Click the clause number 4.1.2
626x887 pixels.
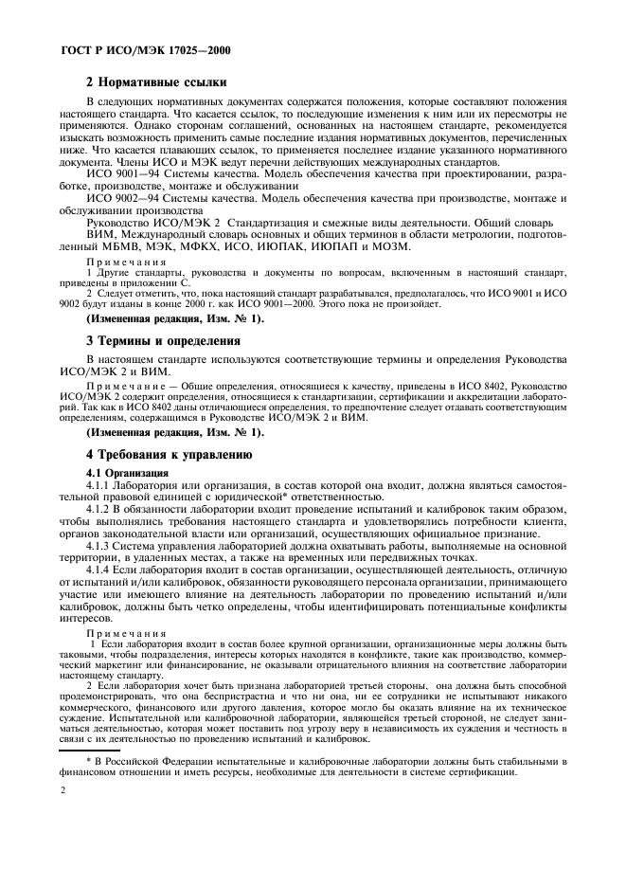[101, 509]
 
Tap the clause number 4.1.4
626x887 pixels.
[101, 571]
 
